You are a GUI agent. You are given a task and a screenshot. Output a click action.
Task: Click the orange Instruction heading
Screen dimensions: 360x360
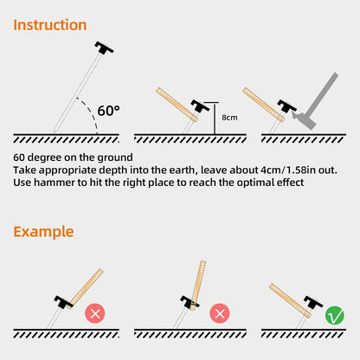click(50, 25)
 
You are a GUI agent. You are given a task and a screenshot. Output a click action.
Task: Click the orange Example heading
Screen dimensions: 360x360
click(43, 232)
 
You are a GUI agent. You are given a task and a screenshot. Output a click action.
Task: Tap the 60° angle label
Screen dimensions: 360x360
click(108, 111)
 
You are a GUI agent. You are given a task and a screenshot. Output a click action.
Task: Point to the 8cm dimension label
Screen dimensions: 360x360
click(229, 118)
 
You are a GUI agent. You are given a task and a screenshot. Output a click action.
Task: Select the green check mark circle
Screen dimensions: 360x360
click(335, 315)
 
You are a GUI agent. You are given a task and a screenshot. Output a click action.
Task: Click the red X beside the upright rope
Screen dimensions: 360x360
click(220, 313)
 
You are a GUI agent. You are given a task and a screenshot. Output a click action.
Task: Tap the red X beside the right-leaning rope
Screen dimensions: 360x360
click(95, 313)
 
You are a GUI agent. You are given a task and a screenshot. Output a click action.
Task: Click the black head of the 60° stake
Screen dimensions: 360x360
click(104, 48)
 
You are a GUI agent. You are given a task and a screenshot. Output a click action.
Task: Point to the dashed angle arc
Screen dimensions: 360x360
click(92, 111)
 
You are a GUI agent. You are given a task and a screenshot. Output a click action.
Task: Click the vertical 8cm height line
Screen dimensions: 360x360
click(215, 119)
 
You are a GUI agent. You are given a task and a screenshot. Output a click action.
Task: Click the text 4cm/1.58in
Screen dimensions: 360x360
click(283, 170)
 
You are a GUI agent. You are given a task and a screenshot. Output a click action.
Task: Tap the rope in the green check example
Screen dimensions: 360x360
click(290, 300)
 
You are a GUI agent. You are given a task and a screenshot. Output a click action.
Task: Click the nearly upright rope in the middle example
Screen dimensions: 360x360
click(198, 286)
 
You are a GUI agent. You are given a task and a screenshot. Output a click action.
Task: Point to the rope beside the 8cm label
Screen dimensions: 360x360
click(177, 105)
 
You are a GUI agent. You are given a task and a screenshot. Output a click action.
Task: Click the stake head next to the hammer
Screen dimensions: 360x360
click(286, 106)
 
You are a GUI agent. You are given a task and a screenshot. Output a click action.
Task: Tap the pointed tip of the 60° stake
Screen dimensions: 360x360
click(55, 132)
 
